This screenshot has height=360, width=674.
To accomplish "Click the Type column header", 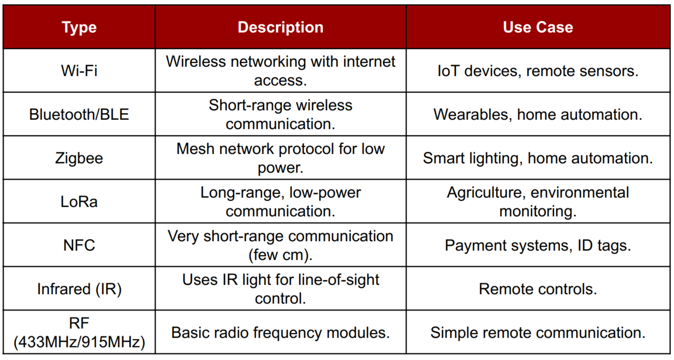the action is click(x=79, y=28).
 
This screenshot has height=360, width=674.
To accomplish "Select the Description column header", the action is click(x=280, y=28).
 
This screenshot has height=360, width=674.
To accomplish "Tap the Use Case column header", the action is click(x=538, y=28).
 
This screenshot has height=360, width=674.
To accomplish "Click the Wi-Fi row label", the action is click(x=79, y=71).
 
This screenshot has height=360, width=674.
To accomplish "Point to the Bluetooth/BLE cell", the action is click(x=79, y=114).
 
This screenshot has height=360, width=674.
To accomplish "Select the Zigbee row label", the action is click(x=79, y=158).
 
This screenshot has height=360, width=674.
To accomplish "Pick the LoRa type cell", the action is click(x=79, y=202).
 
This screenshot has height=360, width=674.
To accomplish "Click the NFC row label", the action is click(x=79, y=245).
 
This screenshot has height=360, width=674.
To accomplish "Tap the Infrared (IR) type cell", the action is click(x=79, y=289).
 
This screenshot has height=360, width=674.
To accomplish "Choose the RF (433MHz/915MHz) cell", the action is click(x=79, y=332).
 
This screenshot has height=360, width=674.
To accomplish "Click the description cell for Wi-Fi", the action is click(x=280, y=71).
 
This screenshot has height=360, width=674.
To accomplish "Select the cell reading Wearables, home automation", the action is click(x=538, y=114).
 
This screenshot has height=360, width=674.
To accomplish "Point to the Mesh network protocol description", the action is click(x=280, y=158).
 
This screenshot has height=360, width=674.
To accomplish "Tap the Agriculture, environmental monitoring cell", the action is click(x=538, y=202).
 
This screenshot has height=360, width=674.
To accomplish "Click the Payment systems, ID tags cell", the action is click(x=538, y=245).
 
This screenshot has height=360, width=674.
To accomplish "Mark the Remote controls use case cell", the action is click(x=538, y=289).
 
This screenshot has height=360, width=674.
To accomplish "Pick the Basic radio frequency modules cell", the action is click(x=280, y=332).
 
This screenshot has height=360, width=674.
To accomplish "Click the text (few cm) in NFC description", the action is click(x=280, y=255).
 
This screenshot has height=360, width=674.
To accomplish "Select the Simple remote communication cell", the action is click(x=538, y=332).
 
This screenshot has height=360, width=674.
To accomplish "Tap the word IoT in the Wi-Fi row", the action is click(x=448, y=71).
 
